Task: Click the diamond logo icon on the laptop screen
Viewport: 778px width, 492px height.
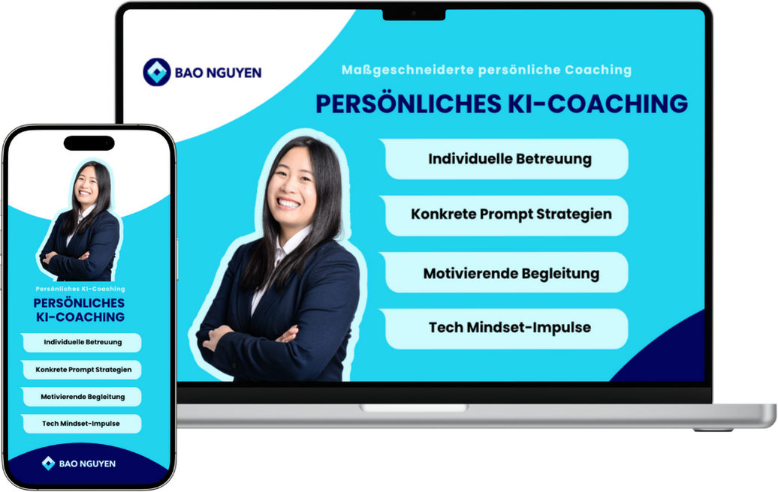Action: point(157,72)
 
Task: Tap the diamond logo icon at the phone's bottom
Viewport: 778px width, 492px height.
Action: point(48,463)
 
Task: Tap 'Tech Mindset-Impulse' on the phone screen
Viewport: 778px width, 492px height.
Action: point(81,424)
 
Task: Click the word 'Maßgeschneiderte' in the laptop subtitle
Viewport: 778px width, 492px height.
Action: point(408,70)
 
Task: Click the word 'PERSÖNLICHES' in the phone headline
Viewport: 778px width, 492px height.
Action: point(79,303)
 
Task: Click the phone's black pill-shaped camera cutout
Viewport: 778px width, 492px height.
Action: point(89,143)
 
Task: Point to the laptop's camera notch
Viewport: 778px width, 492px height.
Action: point(414,15)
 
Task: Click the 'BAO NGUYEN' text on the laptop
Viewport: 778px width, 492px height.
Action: point(219,73)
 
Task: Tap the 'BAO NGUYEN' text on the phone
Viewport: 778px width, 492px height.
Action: point(87,463)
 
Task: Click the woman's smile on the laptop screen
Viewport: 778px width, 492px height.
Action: point(288,202)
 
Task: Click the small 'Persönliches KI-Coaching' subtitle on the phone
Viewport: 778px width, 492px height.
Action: point(80,289)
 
